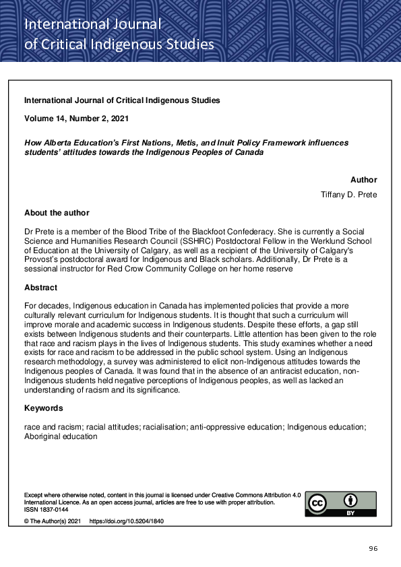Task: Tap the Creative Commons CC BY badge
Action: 340,504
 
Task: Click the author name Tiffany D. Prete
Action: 348,195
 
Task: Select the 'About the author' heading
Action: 57,213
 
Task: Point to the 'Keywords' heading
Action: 44,408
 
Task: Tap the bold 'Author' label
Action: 363,180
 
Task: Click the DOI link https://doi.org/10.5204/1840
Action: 127,521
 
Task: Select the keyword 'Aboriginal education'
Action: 61,436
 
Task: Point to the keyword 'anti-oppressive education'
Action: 234,426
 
